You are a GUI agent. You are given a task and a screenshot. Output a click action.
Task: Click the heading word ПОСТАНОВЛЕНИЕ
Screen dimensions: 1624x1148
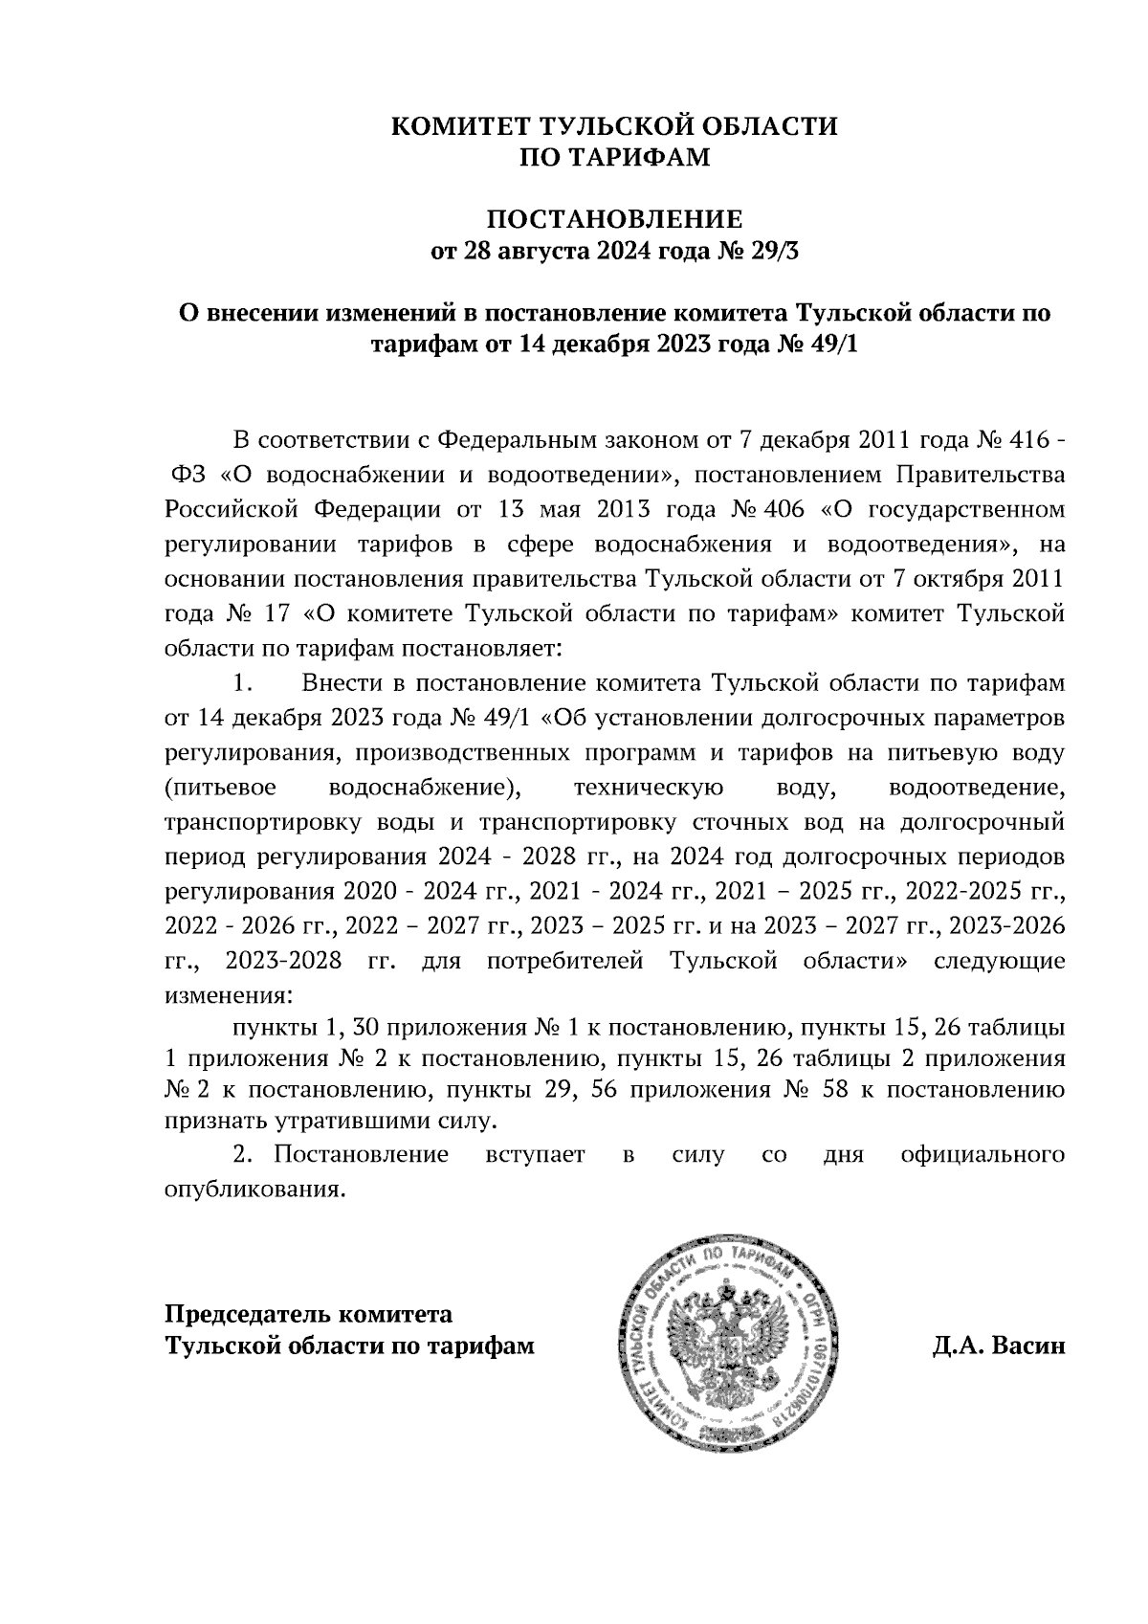click(615, 219)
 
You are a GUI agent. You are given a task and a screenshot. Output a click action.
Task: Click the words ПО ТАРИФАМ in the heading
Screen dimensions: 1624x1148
click(615, 157)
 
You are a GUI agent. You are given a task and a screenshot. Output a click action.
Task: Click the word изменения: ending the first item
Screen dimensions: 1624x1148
click(226, 994)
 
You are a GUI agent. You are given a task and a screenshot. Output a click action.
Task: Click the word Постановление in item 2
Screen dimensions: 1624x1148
click(361, 1154)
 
